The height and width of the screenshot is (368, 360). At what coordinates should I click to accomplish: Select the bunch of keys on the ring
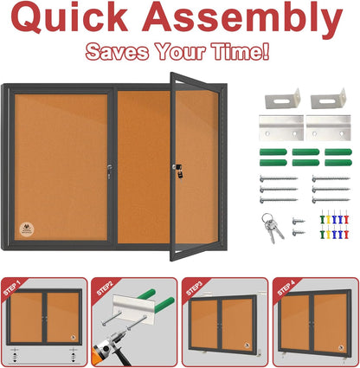pos(273,227)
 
